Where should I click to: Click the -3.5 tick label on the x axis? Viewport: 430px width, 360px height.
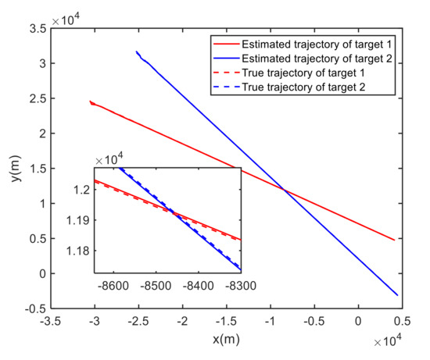coord(52,320)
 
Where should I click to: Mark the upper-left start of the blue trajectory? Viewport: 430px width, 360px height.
coord(136,52)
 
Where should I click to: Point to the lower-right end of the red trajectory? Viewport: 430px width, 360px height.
coord(393,241)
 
